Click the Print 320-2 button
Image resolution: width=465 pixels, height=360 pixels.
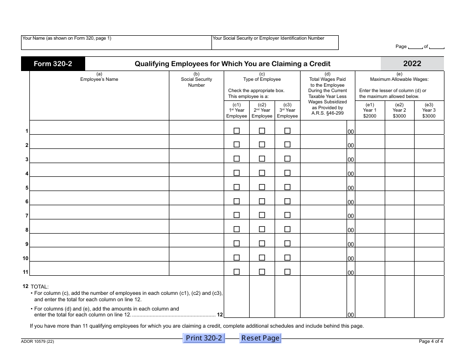click(204, 338)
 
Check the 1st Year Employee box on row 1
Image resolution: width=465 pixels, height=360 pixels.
click(237, 131)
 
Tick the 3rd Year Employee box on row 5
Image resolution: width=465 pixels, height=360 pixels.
click(287, 187)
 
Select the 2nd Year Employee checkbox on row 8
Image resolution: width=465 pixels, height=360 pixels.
click(262, 229)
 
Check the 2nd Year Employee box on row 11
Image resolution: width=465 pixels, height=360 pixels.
click(262, 272)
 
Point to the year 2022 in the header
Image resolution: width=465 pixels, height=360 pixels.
click(412, 64)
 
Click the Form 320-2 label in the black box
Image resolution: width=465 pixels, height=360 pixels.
click(53, 64)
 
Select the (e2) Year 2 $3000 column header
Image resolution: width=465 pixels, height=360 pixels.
click(399, 110)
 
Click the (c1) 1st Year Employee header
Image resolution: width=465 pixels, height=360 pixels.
click(237, 111)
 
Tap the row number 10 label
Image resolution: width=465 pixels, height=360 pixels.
click(25, 259)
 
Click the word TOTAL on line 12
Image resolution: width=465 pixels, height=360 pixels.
click(40, 287)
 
